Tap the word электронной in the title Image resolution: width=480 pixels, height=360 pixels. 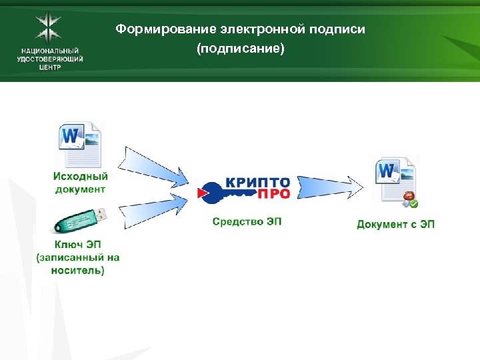coord(248,30)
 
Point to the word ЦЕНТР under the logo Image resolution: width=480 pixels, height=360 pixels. coord(50,67)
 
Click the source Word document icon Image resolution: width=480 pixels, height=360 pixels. coord(81,144)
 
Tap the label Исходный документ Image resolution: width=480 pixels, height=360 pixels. coord(80,182)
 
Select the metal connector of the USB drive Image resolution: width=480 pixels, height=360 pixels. coord(99,213)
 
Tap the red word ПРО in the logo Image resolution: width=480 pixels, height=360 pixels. coord(273,194)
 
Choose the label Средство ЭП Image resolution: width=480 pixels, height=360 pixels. coord(247,221)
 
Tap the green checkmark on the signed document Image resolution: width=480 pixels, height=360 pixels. coord(414,203)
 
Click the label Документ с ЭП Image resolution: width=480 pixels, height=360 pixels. coord(395,225)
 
